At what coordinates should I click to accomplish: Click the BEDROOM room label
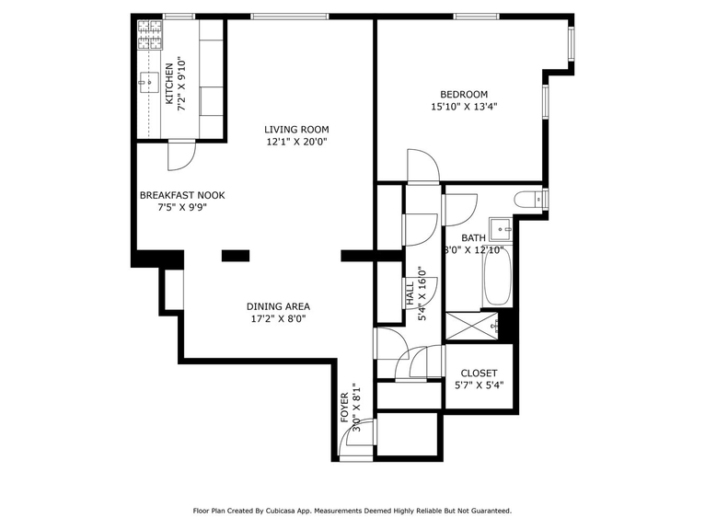[463, 94]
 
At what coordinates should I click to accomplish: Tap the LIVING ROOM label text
[296, 129]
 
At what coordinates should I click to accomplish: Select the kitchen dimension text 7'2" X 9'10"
[182, 86]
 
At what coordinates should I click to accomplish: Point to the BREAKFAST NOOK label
[182, 195]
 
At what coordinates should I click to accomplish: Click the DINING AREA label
[278, 306]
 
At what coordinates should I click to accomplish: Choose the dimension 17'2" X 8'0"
[278, 319]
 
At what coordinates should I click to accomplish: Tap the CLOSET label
[479, 373]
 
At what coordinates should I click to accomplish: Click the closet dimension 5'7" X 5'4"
[479, 385]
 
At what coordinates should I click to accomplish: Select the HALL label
[410, 294]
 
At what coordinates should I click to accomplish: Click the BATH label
[473, 237]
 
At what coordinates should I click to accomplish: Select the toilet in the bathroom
[527, 199]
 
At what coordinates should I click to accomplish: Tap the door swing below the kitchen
[180, 157]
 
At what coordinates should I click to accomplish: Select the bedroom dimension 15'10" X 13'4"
[463, 107]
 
